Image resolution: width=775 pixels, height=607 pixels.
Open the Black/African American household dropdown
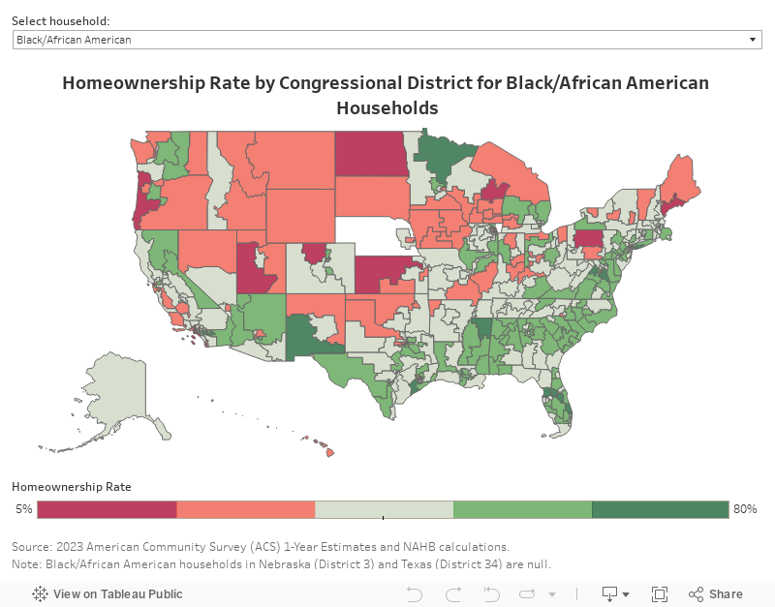[387, 40]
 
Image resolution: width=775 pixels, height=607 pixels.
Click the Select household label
[60, 20]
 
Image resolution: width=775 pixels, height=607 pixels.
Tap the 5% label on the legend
[23, 509]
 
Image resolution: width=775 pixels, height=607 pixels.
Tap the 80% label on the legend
[745, 509]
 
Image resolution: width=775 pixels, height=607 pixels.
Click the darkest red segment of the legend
[108, 509]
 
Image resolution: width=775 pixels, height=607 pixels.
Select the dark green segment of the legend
[660, 509]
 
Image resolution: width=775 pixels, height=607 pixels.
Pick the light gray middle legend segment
[384, 509]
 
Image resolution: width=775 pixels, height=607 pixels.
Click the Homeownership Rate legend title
[72, 487]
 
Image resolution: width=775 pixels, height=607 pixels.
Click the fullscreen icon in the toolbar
[660, 594]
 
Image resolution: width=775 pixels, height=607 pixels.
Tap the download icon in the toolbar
[610, 594]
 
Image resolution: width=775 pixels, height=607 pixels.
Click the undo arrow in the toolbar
[415, 594]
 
